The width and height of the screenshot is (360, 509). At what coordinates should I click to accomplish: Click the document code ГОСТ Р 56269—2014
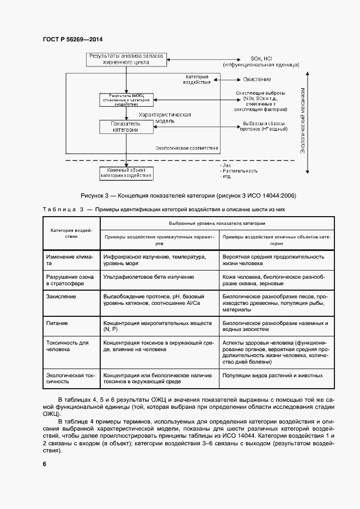(x=72, y=40)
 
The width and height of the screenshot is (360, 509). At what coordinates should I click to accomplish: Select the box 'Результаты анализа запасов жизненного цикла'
(x=126, y=59)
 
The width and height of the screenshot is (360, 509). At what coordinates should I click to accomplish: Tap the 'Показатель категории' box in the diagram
(x=126, y=127)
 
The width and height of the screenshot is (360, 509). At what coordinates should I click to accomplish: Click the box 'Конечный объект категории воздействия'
(x=126, y=173)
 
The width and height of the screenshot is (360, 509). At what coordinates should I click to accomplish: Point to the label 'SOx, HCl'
(x=260, y=58)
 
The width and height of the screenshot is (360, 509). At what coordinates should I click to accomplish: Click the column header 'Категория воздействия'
(x=71, y=234)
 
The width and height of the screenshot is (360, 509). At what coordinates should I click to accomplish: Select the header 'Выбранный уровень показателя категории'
(x=217, y=223)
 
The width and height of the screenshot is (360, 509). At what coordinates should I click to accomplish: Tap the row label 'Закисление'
(x=61, y=296)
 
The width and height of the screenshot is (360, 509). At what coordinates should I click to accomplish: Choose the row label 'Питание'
(x=57, y=323)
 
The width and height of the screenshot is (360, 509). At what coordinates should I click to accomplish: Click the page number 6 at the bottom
(x=44, y=464)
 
